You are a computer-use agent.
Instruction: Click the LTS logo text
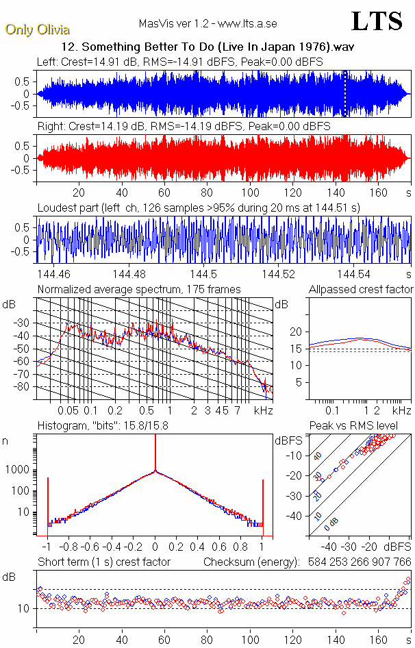click(x=377, y=22)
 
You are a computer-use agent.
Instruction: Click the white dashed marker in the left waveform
click(x=346, y=94)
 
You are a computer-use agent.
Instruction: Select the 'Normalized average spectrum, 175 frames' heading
click(x=139, y=289)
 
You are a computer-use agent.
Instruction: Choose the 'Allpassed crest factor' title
click(x=361, y=289)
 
